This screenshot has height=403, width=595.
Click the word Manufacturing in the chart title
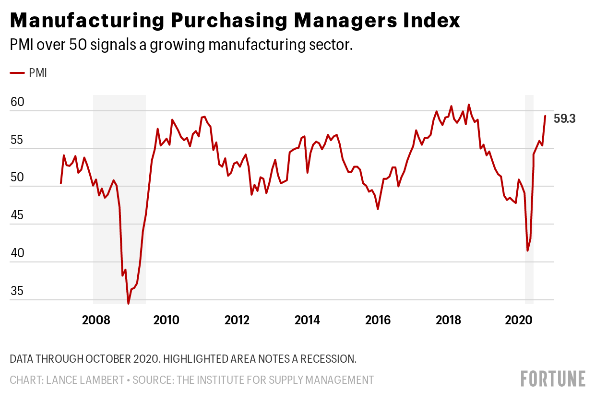87,21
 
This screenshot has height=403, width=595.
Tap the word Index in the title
431,20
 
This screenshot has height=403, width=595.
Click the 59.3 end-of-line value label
564,119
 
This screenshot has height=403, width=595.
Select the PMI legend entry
28,73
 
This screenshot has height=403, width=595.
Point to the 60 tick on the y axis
17,102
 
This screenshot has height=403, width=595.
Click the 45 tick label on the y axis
17,215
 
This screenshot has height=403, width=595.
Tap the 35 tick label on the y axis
17,291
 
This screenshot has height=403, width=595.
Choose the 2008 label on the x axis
96,320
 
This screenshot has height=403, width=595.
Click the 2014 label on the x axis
307,320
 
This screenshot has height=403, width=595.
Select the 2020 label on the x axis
519,320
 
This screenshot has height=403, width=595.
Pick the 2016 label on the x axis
378,320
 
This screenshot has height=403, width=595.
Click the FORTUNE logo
553,379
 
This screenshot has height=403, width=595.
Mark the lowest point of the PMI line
128,304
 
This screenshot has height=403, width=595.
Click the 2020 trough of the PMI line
527,251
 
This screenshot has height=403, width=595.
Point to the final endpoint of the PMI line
545,116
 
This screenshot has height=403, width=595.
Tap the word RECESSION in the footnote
328,359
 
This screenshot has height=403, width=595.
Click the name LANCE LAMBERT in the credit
85,380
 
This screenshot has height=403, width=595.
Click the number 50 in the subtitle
78,45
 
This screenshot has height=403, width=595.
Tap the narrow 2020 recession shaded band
529,200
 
